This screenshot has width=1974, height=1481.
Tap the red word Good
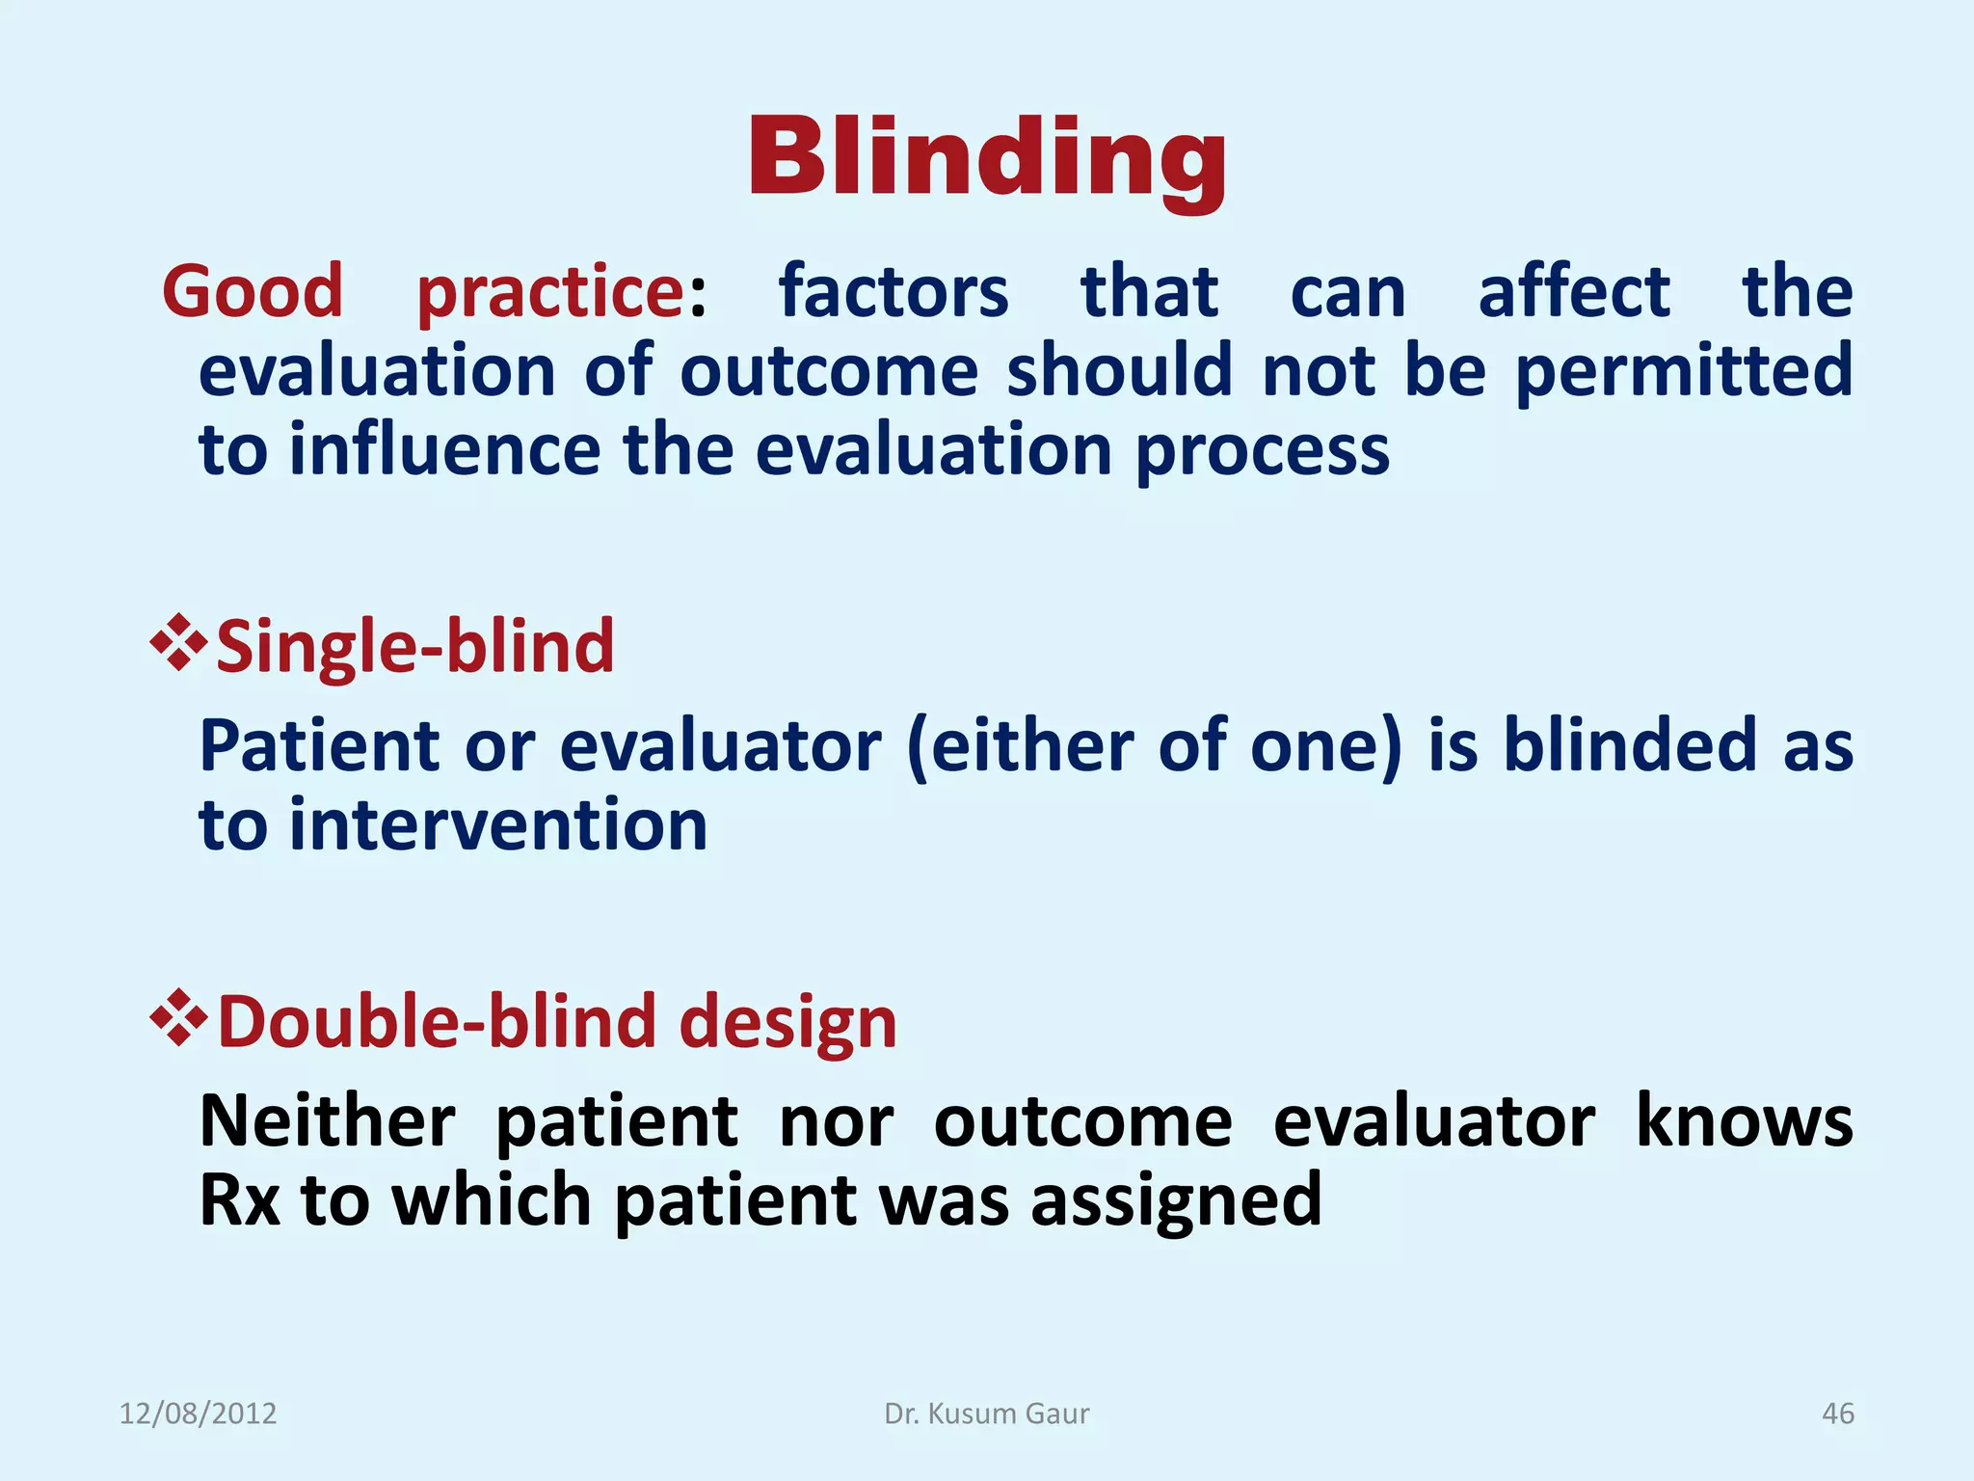click(253, 291)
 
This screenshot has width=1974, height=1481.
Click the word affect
click(1574, 291)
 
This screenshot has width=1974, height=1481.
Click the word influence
click(444, 451)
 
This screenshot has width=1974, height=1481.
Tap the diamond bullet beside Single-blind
click(178, 643)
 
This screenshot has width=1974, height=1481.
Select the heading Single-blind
click(414, 646)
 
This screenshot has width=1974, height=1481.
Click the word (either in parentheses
click(1022, 747)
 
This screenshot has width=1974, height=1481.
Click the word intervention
click(498, 826)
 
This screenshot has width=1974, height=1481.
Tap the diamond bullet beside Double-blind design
click(178, 1018)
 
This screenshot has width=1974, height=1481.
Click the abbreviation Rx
click(239, 1201)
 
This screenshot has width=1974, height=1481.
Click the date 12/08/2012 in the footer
click(198, 1414)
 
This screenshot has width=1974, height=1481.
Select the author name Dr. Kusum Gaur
click(987, 1414)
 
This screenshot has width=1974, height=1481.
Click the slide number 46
click(1837, 1414)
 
